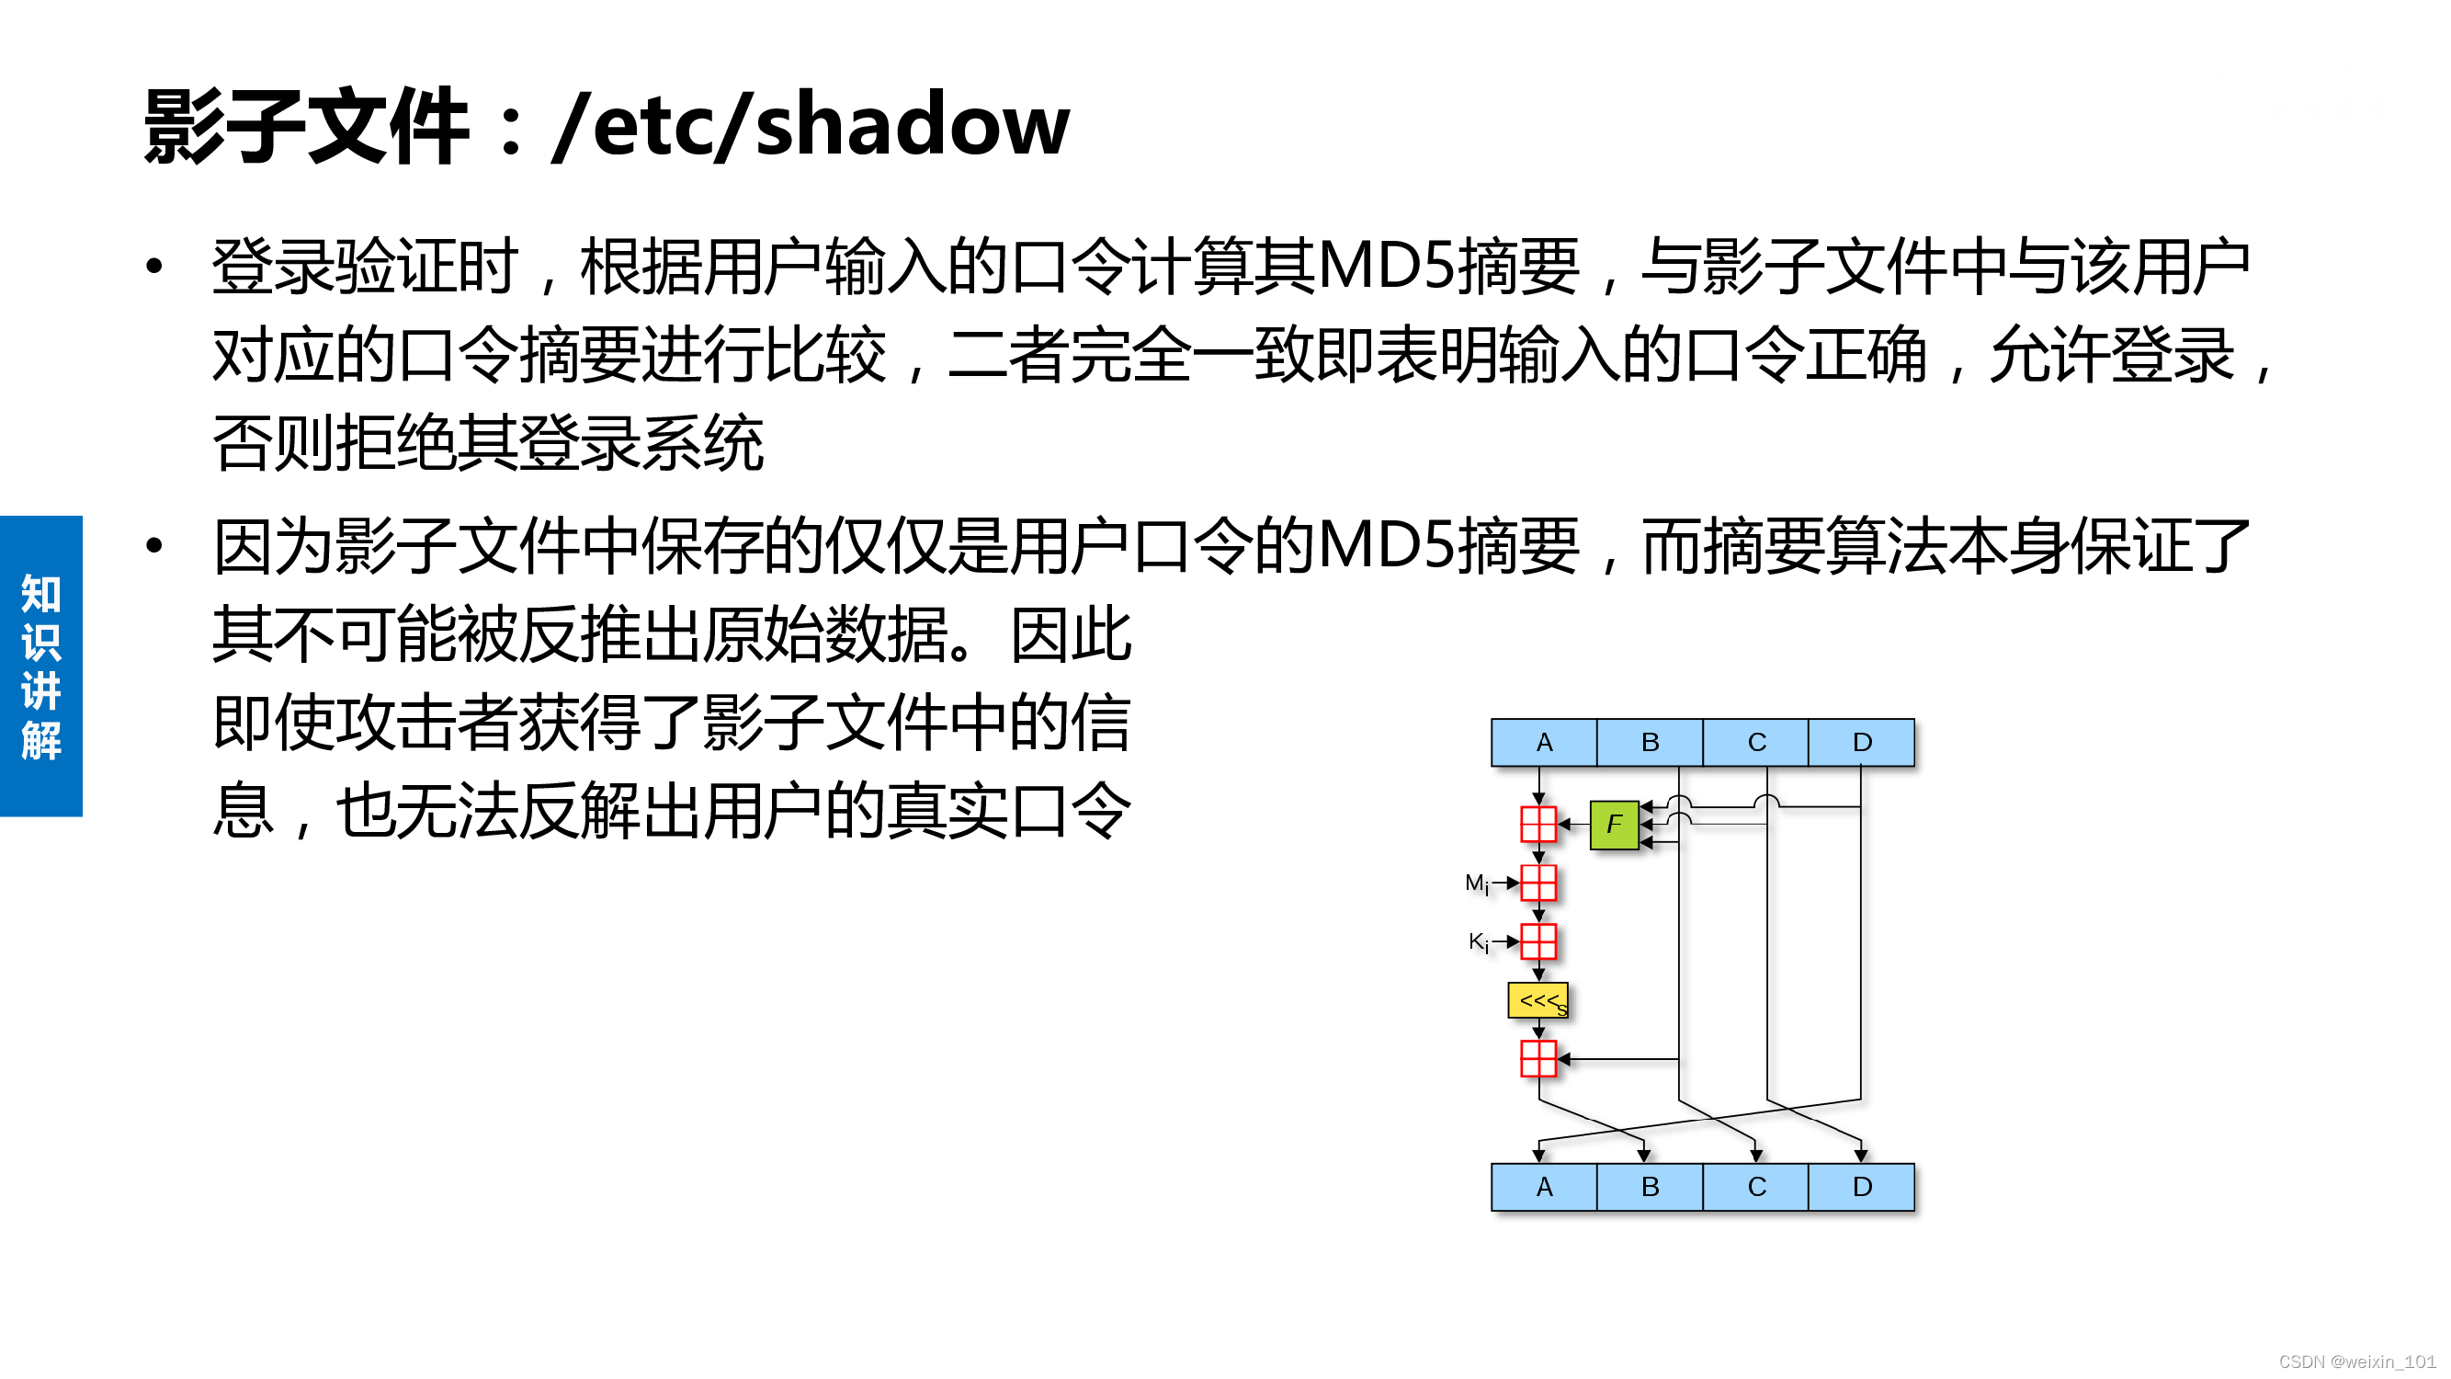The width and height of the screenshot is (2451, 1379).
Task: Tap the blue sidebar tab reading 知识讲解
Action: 41,666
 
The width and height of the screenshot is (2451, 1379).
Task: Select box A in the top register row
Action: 1543,742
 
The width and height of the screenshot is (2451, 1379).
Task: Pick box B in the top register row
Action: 1650,742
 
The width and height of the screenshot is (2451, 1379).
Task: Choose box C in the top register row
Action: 1756,742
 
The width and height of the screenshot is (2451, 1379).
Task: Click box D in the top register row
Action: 1862,742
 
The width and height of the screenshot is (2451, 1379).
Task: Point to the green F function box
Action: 1614,824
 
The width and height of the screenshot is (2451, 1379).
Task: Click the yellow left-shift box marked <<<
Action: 1538,1000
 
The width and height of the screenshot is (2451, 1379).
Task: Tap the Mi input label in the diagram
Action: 1476,884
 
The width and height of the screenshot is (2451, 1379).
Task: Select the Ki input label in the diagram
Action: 1478,942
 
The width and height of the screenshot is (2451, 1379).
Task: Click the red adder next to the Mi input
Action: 1538,883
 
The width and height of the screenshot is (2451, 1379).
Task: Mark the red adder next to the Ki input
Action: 1538,942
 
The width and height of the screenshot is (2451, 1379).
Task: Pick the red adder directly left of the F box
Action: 1538,824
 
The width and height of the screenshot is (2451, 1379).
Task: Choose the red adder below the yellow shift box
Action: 1538,1058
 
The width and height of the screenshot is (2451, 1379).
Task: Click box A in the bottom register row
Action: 1543,1187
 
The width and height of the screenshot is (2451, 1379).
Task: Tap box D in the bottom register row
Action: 1862,1187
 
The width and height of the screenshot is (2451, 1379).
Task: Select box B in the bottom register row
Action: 1650,1187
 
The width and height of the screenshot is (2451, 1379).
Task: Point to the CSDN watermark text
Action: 2355,1362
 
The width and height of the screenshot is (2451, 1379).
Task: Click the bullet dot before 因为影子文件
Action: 154,545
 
